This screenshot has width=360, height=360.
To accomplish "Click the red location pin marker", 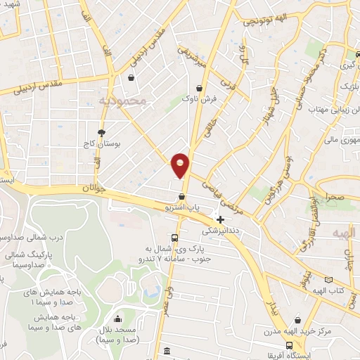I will pyautogui.click(x=181, y=165).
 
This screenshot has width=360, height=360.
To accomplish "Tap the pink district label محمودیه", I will pyautogui.click(x=122, y=101).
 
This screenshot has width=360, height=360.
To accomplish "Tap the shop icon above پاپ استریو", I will pyautogui.click(x=182, y=196).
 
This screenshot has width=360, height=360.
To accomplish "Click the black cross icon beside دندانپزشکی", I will pyautogui.click(x=221, y=219).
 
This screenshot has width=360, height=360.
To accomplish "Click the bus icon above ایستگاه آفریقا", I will pyautogui.click(x=290, y=345).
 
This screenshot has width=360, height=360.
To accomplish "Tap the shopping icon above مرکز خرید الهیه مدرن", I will pyautogui.click(x=299, y=319).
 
